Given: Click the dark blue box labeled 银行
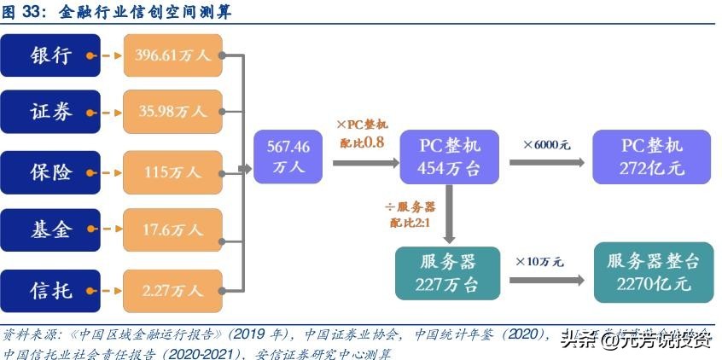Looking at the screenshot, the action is coord(52,56).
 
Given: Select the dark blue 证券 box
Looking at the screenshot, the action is coord(52,112).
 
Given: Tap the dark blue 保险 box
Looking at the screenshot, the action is coord(52,171).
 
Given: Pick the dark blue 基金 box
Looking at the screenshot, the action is coord(52,229).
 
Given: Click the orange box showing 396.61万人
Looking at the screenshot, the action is coord(173,56).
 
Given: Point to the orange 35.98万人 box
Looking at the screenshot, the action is coord(173,112).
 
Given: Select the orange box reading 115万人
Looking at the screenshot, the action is coord(173,171).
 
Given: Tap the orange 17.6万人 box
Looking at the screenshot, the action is coord(173,229).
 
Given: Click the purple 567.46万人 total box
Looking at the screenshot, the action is coord(288,156).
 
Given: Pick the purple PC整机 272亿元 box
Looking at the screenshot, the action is coord(651,156).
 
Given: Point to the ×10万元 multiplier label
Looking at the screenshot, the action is coord(539,261).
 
